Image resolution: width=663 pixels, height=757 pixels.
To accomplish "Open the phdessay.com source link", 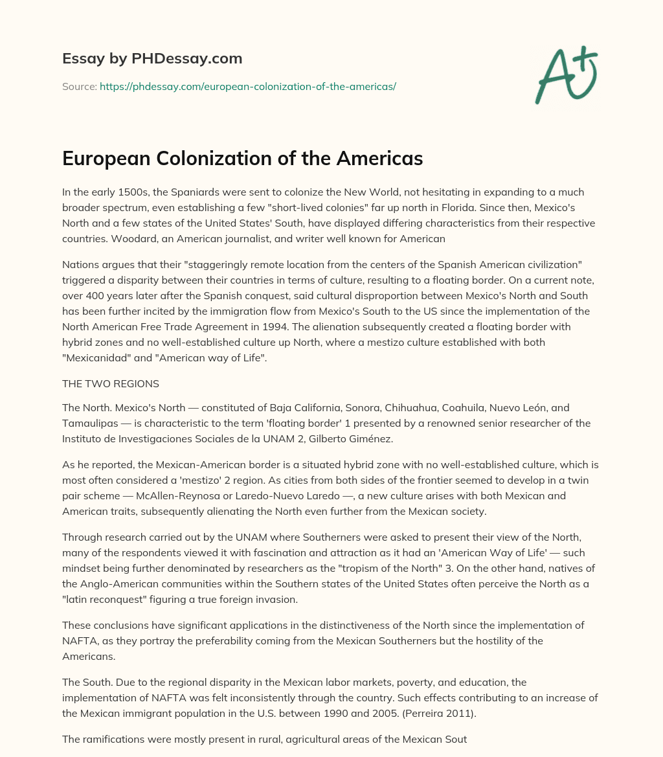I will [x=247, y=85].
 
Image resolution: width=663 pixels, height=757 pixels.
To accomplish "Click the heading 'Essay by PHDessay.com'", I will [x=152, y=58].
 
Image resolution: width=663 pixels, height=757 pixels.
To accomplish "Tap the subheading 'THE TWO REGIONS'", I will [x=111, y=383].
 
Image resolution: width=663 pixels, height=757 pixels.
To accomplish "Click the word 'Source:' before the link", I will [x=79, y=85].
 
